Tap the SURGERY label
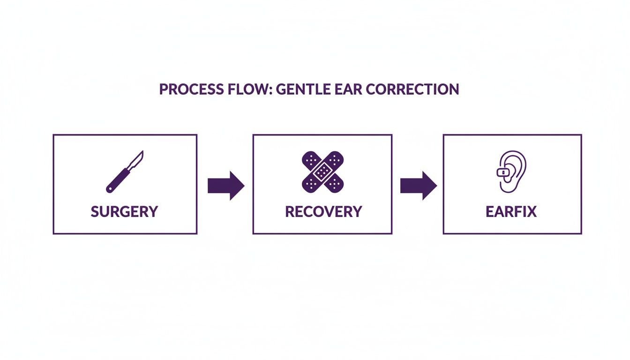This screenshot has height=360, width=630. pos(125,211)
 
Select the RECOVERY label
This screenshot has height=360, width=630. pos(323,211)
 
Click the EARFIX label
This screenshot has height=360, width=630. pos(511,211)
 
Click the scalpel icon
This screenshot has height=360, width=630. pos(125,172)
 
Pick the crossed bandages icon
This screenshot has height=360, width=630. pos(322,172)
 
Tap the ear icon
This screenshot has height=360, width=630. pos(511,172)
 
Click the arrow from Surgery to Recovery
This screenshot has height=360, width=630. pos(225,186)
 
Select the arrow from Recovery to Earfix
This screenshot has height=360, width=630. pos(418,186)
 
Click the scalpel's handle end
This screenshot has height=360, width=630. pos(110,189)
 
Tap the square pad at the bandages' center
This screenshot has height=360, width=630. pos(322,172)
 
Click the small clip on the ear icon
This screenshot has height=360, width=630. pos(502,172)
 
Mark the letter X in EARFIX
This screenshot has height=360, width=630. pos(531,211)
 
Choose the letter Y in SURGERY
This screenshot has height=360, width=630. pos(152,211)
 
